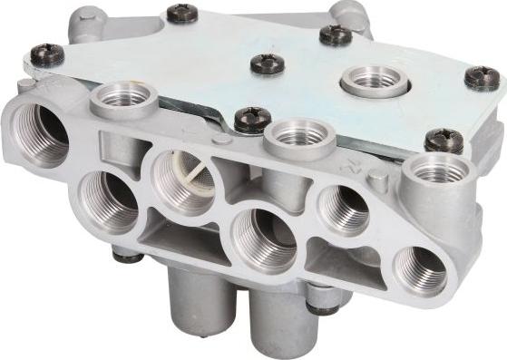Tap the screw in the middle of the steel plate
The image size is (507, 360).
click(x=268, y=63)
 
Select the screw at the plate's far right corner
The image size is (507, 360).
click(x=482, y=78)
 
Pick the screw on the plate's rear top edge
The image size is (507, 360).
click(x=182, y=15)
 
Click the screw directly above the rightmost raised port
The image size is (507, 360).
click(x=444, y=140)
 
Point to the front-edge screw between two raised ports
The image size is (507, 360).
click(x=251, y=119)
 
